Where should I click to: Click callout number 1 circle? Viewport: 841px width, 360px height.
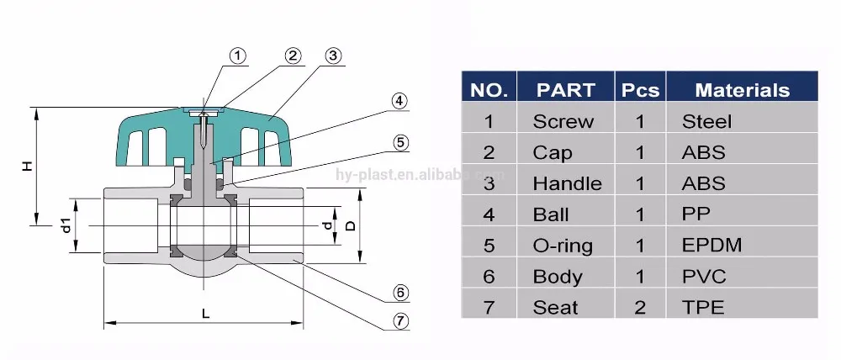tap(238, 56)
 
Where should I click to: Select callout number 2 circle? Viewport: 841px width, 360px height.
tap(293, 56)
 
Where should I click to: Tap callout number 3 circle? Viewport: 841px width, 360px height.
tap(333, 56)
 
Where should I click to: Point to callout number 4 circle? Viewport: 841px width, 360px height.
tap(400, 102)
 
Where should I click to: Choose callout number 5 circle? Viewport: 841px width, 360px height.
tap(401, 142)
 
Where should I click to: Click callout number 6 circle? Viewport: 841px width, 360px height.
tap(401, 293)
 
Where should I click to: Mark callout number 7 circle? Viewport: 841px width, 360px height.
tap(401, 320)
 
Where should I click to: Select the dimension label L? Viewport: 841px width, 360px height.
tap(205, 313)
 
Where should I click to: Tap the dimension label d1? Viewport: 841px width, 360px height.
tap(64, 225)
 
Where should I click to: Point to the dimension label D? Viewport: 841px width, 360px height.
tap(352, 225)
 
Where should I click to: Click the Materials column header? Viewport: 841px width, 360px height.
tap(742, 90)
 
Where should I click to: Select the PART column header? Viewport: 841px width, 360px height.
tap(565, 90)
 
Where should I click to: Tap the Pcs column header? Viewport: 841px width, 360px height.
tap(640, 90)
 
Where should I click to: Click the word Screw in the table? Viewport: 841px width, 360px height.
tap(563, 122)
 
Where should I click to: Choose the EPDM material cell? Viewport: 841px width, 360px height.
tap(709, 246)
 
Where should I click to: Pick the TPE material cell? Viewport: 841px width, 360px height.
tap(702, 307)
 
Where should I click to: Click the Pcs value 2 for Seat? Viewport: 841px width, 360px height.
tap(640, 307)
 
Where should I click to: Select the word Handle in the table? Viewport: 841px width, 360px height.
tap(567, 183)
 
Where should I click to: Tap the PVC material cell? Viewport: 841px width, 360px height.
tap(703, 276)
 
